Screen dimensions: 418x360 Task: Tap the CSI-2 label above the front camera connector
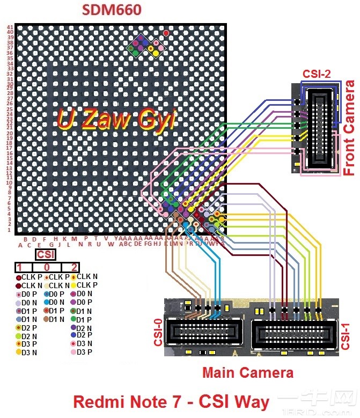tap(316, 75)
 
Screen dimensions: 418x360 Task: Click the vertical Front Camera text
tap(349, 128)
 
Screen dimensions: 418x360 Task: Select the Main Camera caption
tap(247, 372)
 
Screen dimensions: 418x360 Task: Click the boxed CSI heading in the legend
tap(46, 254)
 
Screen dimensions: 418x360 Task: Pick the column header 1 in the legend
tap(20, 267)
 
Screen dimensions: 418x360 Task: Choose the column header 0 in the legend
tap(47, 267)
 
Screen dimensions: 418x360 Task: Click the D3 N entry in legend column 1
tap(27, 353)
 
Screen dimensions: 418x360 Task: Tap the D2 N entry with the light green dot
tap(27, 336)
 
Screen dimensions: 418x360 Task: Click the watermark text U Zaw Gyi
tap(116, 119)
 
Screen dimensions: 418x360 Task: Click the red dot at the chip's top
tap(166, 33)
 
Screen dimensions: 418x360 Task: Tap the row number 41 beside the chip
tap(10, 27)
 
